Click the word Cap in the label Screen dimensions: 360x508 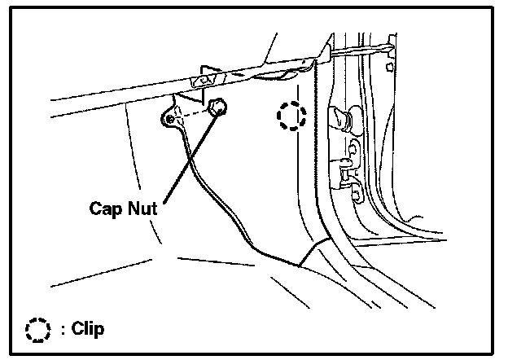coord(106,207)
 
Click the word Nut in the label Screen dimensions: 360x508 coord(142,207)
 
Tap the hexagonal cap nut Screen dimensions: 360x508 coord(217,107)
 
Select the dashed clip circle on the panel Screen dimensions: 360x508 coord(289,116)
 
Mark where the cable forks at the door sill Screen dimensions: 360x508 coord(300,261)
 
